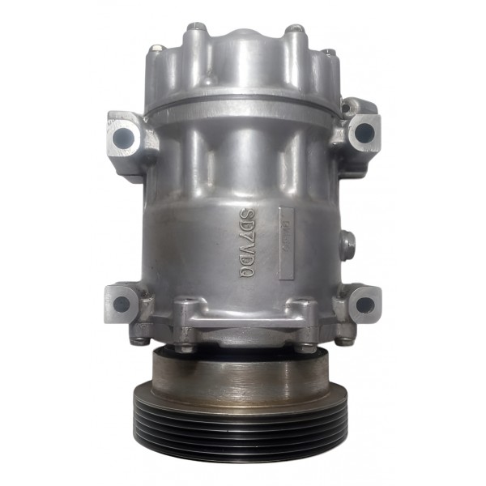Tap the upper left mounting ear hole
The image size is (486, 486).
[x=123, y=138]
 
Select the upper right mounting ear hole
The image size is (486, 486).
[x=364, y=132]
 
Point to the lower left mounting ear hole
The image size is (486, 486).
[x=122, y=304]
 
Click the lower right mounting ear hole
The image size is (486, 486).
[x=364, y=305]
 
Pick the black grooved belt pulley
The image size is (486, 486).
[x=241, y=425]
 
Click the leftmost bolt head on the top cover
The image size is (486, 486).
[x=157, y=49]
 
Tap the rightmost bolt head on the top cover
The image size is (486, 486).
[x=330, y=53]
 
